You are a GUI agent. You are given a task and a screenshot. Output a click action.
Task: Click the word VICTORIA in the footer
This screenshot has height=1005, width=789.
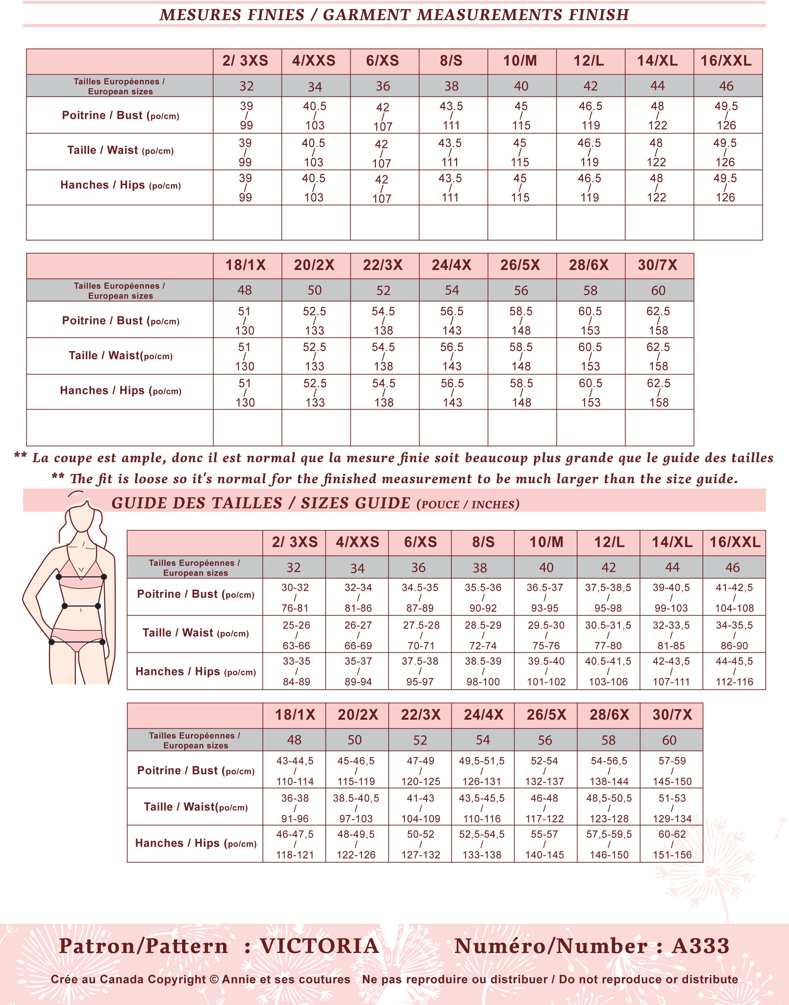coord(319,946)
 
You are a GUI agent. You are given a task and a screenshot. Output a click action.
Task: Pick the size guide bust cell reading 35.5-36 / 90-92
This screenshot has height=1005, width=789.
coord(483,597)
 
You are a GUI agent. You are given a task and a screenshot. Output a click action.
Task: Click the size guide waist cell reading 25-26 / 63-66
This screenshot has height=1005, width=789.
coord(296,635)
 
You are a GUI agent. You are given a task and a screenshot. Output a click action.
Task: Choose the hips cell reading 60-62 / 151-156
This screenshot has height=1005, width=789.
coord(672,844)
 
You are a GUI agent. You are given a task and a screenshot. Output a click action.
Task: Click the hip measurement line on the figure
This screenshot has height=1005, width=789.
coord(77,642)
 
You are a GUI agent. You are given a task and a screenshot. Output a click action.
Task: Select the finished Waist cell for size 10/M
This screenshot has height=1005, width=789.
coord(520,153)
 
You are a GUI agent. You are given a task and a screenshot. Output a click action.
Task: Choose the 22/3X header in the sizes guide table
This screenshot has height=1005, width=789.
coord(420,715)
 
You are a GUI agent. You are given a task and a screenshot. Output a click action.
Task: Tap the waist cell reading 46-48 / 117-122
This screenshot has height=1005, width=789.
coord(545,808)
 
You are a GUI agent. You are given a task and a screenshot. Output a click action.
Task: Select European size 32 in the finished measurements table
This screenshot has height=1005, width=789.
coord(246,86)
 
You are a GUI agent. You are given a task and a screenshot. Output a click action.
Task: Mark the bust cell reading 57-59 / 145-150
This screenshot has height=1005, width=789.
coord(672,771)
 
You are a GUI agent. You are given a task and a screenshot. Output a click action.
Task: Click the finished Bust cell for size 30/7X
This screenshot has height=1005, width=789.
coord(658,321)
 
